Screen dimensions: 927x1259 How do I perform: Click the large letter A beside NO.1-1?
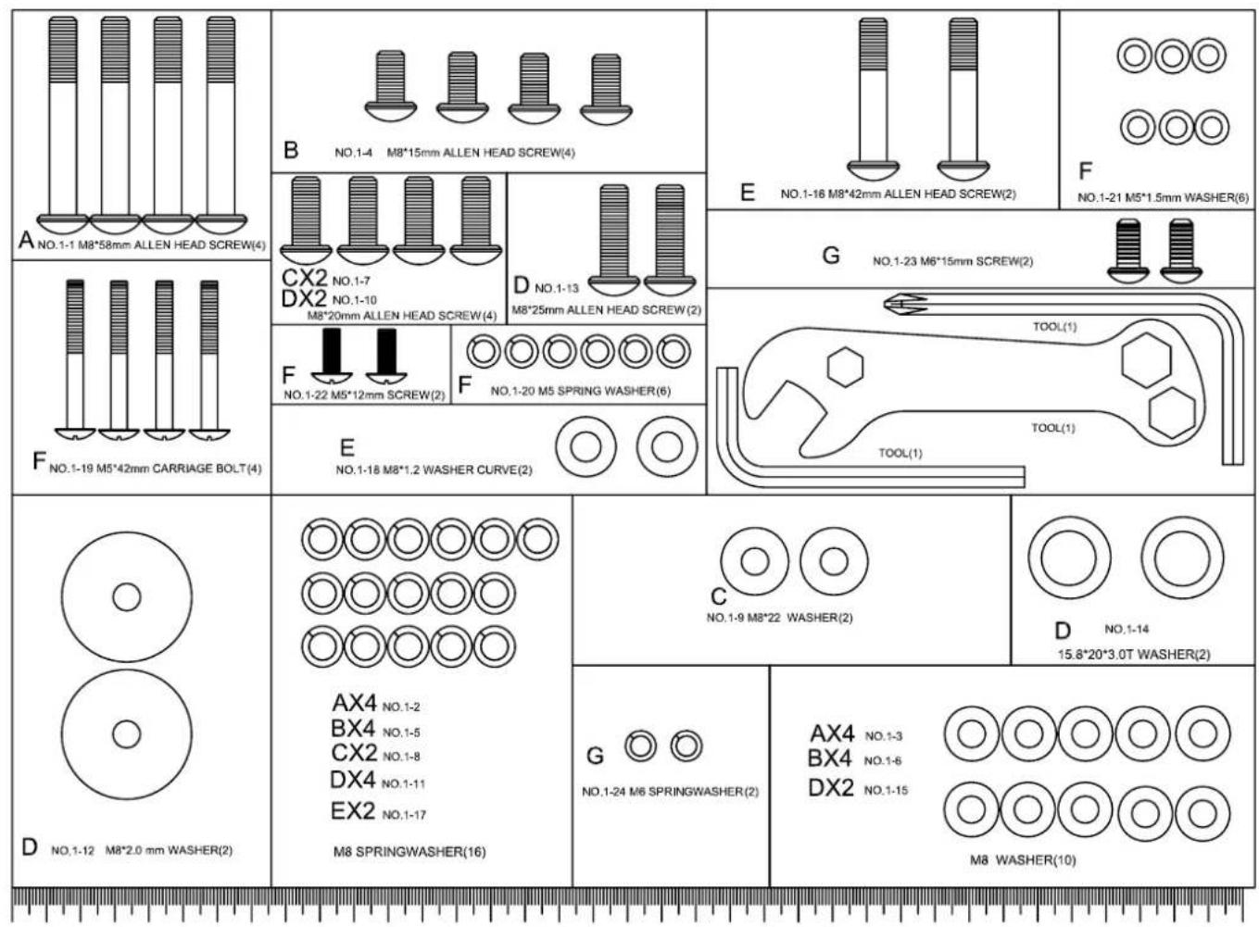coord(25,241)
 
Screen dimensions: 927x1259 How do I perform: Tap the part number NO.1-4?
coord(353,153)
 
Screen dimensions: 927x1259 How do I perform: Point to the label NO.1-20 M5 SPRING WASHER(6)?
coord(580,391)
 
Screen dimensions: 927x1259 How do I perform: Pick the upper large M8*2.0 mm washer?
coord(127,597)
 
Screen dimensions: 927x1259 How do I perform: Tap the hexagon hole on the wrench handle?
coord(845,368)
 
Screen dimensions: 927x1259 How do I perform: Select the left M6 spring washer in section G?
coord(640,745)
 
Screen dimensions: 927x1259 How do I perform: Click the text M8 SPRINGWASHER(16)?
coord(409,852)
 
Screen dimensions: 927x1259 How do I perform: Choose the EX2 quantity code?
coord(352,812)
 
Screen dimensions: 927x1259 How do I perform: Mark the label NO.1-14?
coord(1127,630)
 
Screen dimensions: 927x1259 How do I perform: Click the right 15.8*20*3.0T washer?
coord(1182,558)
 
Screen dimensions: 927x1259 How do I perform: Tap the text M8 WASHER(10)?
coord(1023,860)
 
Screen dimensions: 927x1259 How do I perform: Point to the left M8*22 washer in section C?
coord(754,561)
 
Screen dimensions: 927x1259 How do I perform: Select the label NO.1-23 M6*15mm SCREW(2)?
coord(952,262)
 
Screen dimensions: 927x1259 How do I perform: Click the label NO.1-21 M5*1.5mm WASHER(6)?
coord(1163,197)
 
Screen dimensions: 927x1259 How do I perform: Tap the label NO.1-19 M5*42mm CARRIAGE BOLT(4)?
coord(155,469)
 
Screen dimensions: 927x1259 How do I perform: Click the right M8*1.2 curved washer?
coord(667,446)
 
